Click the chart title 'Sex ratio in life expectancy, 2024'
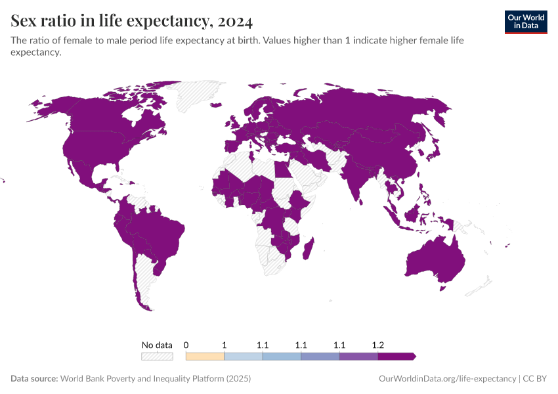[x=131, y=21]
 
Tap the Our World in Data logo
[x=525, y=22]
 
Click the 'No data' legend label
[x=157, y=345]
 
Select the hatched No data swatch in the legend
[x=157, y=357]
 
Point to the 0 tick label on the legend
[x=186, y=345]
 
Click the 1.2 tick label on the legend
[x=378, y=345]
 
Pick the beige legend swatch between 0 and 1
[x=205, y=357]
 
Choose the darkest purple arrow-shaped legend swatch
[x=397, y=357]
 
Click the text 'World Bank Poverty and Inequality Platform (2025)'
[x=155, y=379]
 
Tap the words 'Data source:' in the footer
[x=34, y=379]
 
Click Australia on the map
[x=433, y=259]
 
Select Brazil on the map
[x=161, y=233]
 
